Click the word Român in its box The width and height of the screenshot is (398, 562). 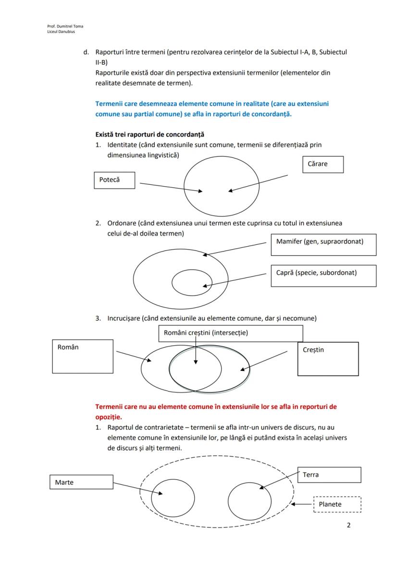(x=68, y=347)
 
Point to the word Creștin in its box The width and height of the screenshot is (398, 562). (x=314, y=350)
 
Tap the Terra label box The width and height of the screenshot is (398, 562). (x=329, y=475)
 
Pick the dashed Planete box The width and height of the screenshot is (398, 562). (x=337, y=504)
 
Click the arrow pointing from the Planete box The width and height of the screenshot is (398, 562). (x=303, y=504)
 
